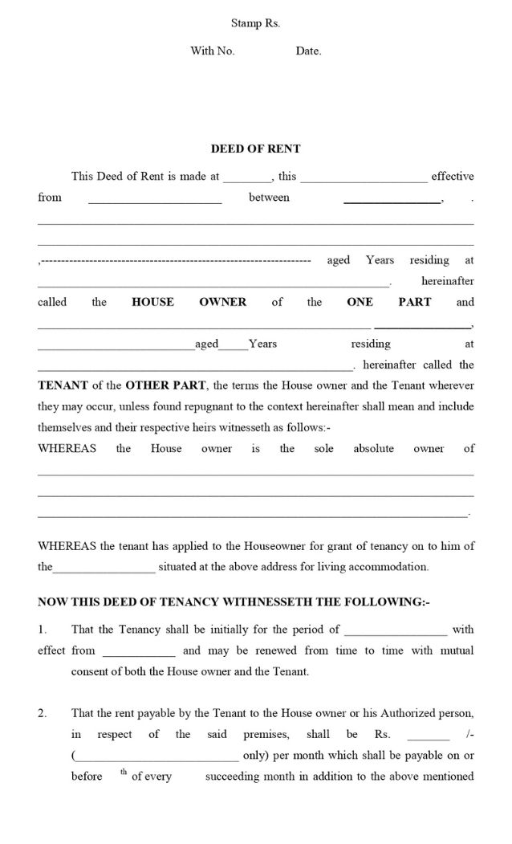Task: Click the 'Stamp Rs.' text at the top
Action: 255,24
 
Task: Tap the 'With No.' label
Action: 212,51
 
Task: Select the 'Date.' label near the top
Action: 308,51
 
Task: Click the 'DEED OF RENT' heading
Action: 255,149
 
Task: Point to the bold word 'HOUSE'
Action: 152,303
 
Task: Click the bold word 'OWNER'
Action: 222,303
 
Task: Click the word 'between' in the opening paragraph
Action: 269,198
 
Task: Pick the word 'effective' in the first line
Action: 453,177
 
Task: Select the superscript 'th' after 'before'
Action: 124,773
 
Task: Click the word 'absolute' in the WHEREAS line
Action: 373,449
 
